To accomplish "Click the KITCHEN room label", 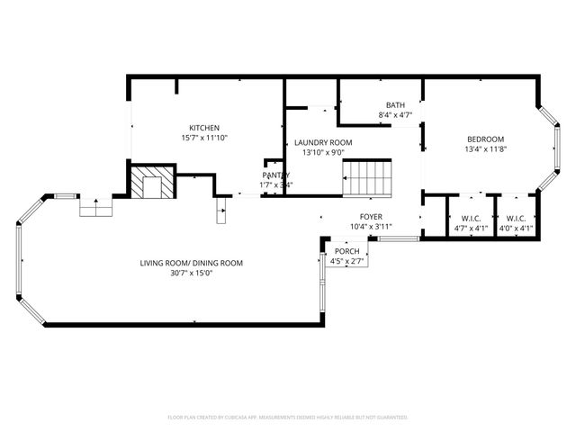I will pos(203,127).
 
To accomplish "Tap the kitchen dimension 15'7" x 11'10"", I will pos(203,138).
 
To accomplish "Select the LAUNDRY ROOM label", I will pos(323,142).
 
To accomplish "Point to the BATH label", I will pos(395,105).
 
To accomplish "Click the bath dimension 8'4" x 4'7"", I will pos(395,115).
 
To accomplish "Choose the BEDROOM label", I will pos(484,138).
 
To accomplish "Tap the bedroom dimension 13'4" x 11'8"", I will pos(484,148).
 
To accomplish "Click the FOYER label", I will pos(371,216).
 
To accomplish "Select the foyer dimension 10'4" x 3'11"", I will pos(371,227).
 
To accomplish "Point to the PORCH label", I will pos(346,251).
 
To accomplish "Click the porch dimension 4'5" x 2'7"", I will pos(346,261).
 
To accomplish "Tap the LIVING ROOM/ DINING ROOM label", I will pos(191,263).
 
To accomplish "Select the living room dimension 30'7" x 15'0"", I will pos(191,273).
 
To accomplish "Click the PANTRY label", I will pos(276,175).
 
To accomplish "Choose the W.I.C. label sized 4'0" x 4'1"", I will pos(516,218).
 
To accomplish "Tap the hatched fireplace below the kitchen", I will pos(148,184).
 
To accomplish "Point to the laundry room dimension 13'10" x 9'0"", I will pos(323,153).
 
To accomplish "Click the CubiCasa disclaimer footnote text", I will pos(288,418).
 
